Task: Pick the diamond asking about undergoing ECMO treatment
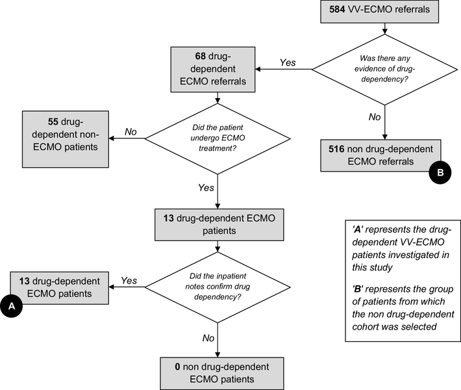217,138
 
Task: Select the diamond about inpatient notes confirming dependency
217,286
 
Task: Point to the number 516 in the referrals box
338,149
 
